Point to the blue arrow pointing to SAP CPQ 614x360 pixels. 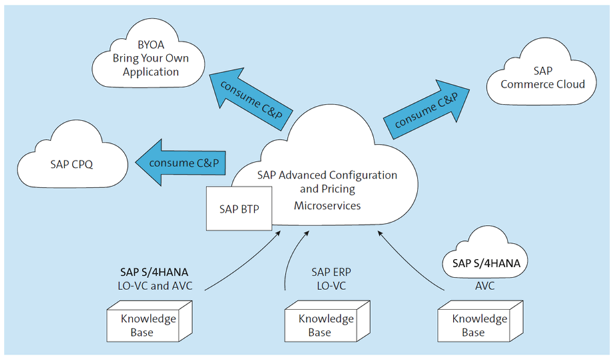point(180,162)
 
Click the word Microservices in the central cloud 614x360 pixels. point(327,206)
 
